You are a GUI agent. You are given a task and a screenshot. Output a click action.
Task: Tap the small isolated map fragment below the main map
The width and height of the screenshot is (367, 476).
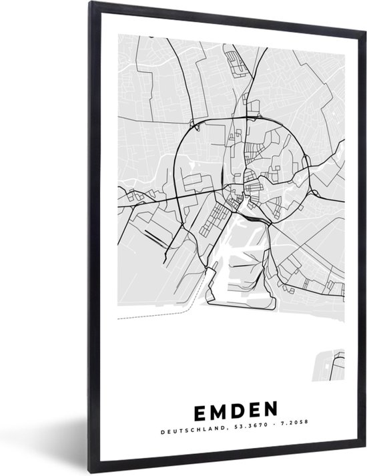click(x=330, y=365)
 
